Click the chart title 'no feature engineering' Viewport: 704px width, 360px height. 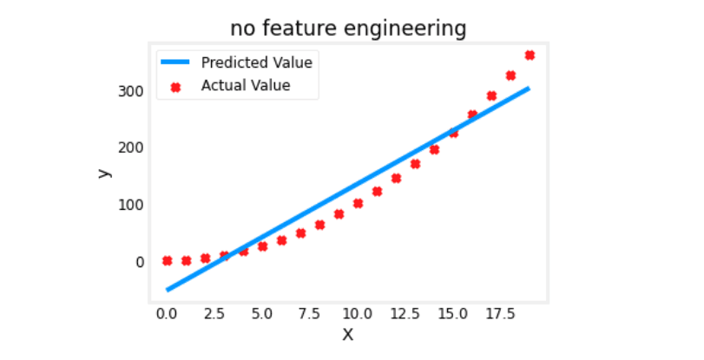pyautogui.click(x=348, y=29)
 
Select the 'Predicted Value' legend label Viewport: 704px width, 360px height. pyautogui.click(x=256, y=62)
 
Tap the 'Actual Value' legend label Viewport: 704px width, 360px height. pyautogui.click(x=245, y=85)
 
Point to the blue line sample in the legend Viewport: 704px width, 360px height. pyautogui.click(x=176, y=62)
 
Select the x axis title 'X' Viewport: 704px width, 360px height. pyautogui.click(x=348, y=334)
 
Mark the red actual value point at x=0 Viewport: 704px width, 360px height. pyautogui.click(x=167, y=260)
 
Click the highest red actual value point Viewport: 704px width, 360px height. pyautogui.click(x=530, y=55)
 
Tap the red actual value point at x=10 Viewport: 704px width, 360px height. pyautogui.click(x=358, y=204)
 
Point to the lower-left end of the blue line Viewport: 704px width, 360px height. pyautogui.click(x=168, y=289)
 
